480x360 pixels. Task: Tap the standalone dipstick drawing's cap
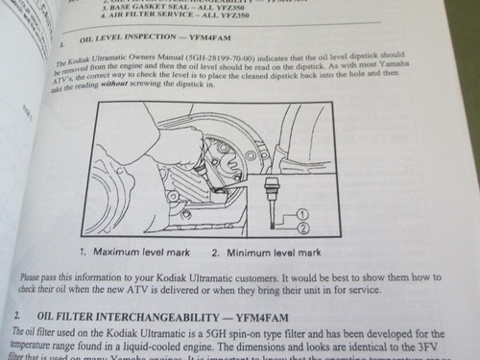coord(273,182)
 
